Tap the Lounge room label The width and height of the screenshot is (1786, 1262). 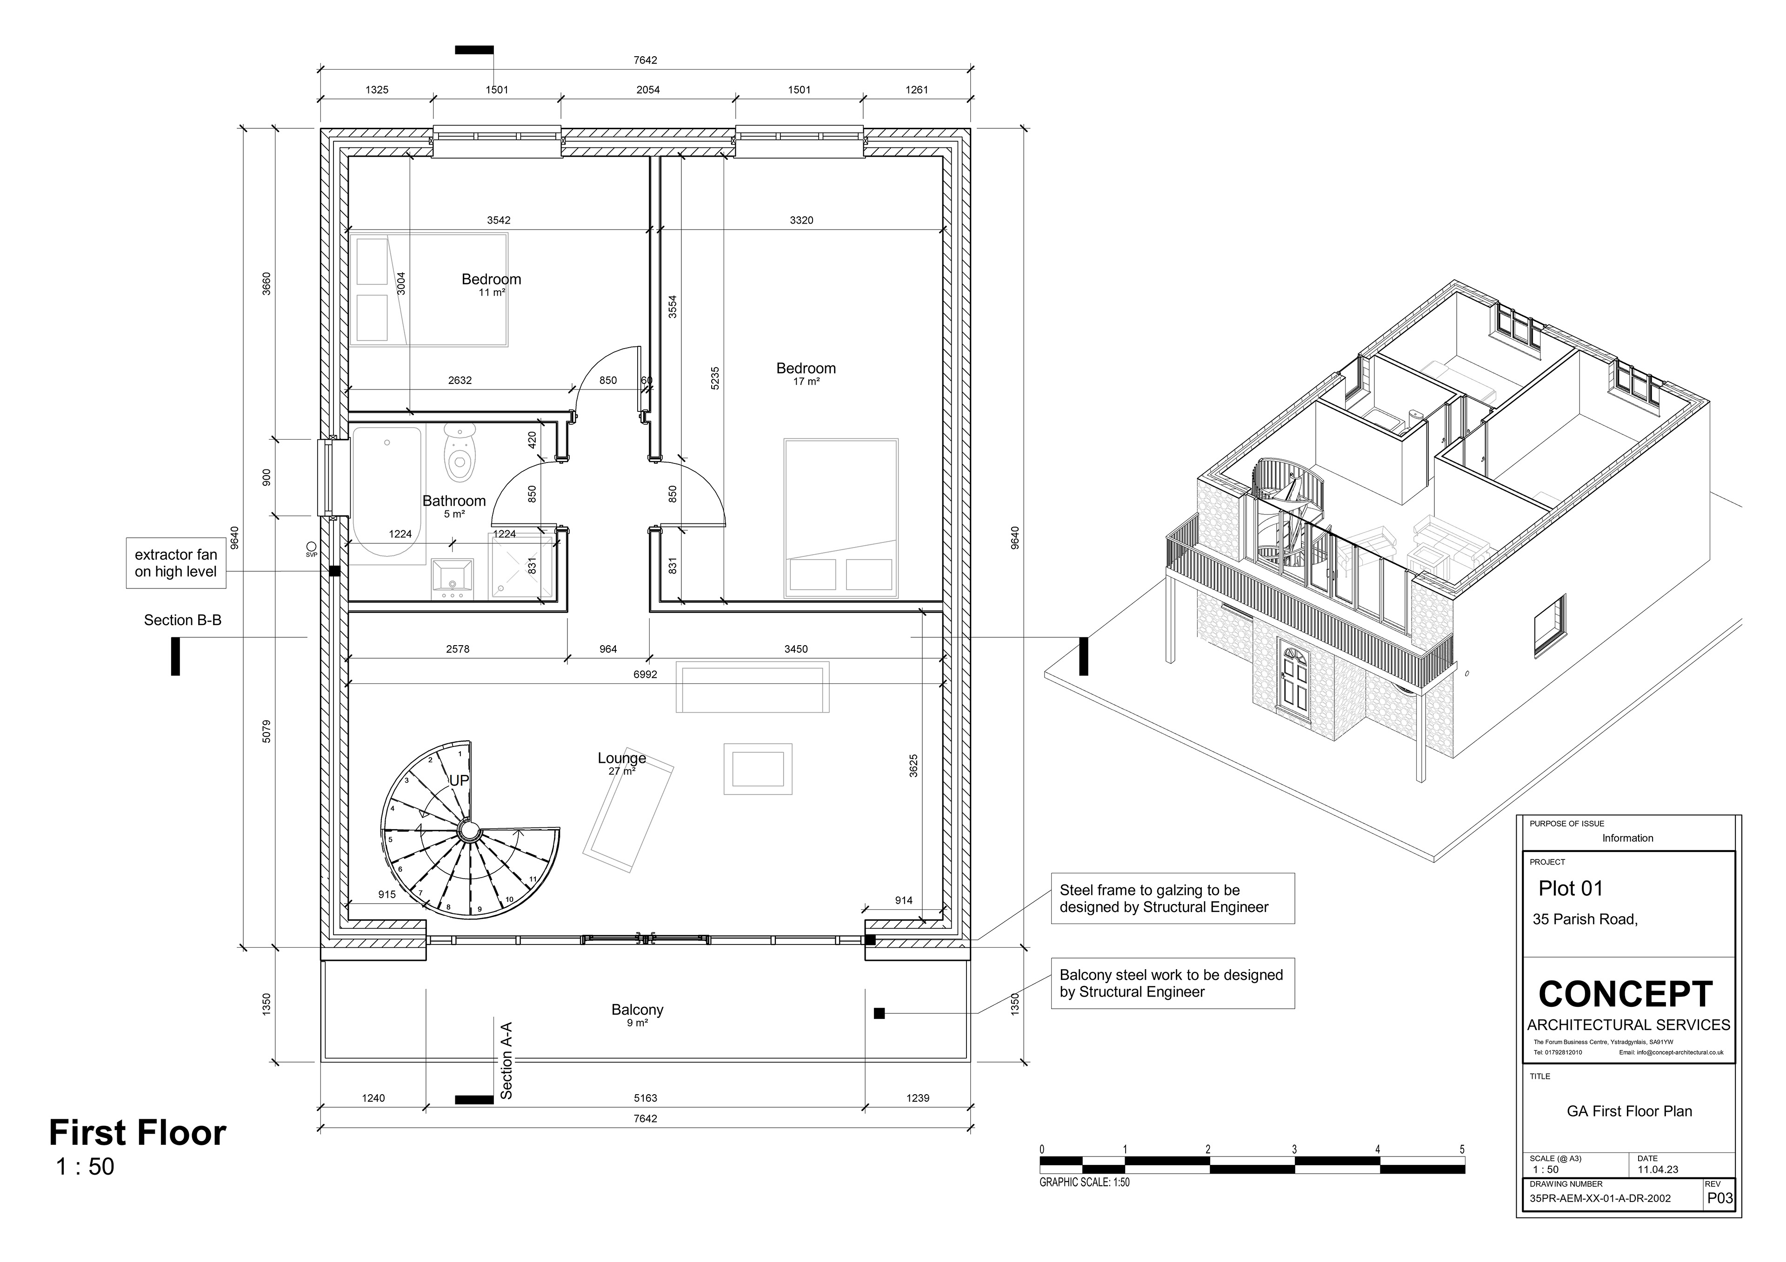[621, 758]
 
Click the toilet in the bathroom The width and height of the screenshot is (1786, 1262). [460, 453]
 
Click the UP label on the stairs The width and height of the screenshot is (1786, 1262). [459, 780]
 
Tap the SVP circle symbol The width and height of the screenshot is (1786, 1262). [311, 546]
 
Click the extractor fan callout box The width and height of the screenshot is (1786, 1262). [176, 563]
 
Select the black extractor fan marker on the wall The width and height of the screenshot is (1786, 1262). [334, 571]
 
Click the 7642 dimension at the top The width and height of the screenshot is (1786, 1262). [645, 60]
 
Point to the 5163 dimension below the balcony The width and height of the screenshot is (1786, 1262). [645, 1098]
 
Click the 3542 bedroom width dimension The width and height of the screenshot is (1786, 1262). [499, 220]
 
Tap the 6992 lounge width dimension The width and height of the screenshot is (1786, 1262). [645, 674]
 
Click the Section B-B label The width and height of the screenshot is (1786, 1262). [183, 620]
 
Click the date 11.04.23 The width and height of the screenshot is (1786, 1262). [1658, 1169]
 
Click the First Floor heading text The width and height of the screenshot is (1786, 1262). [138, 1133]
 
